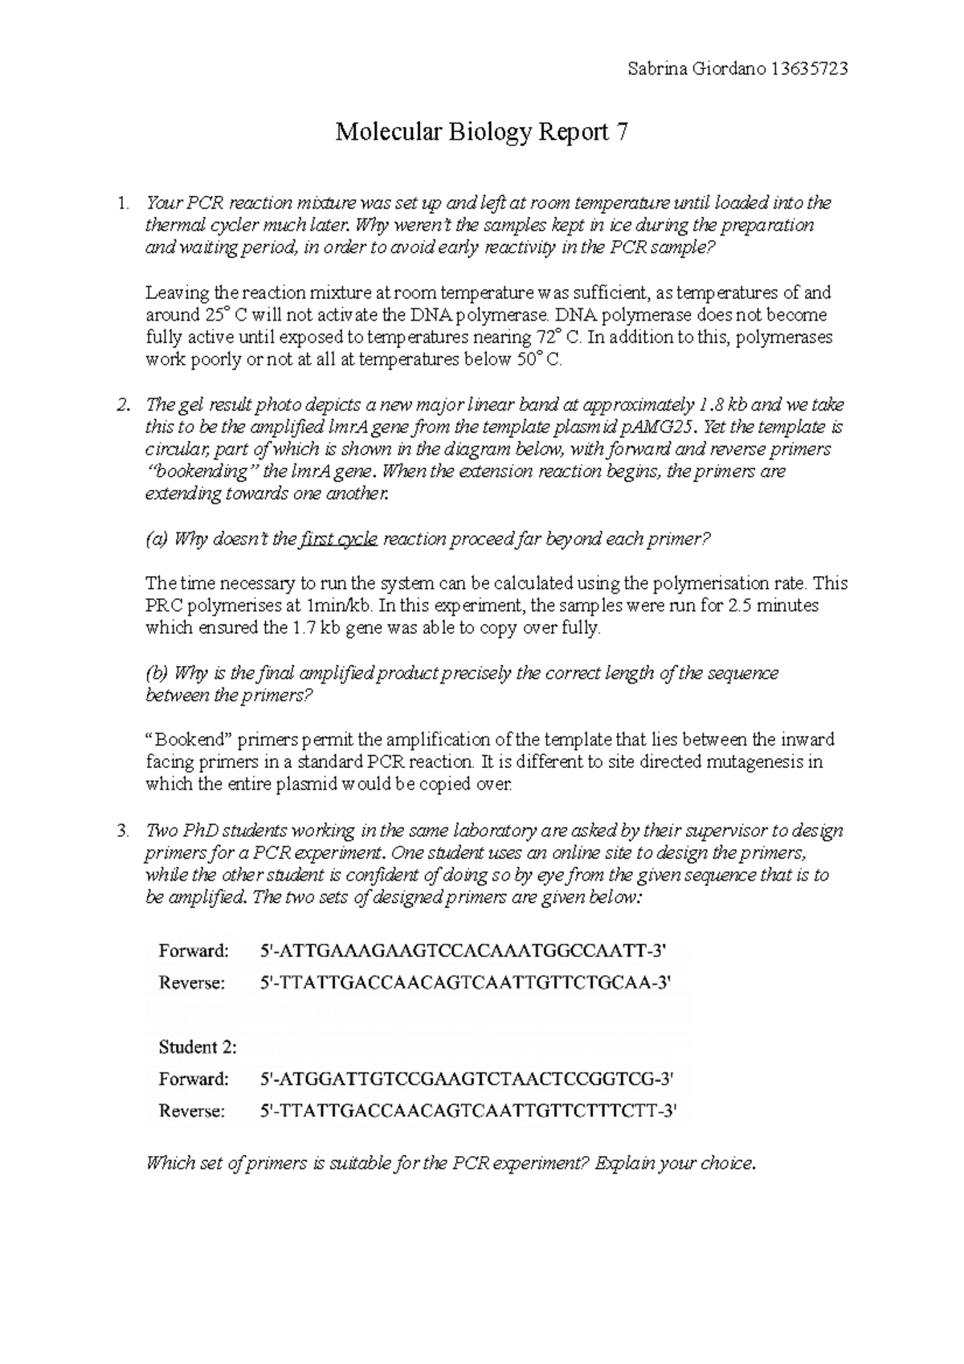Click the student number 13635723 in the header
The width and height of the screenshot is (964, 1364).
pyautogui.click(x=808, y=69)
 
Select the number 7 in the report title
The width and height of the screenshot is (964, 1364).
pyautogui.click(x=621, y=132)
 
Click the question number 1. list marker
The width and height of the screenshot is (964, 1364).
pyautogui.click(x=121, y=202)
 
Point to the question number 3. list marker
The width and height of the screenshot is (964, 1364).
pyautogui.click(x=121, y=831)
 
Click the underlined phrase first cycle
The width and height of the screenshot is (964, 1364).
pyautogui.click(x=337, y=539)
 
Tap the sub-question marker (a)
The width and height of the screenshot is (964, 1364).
pyautogui.click(x=156, y=539)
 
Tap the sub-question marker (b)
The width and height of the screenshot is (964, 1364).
pyautogui.click(x=156, y=673)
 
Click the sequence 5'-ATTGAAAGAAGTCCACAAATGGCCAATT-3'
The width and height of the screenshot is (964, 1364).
pyautogui.click(x=464, y=951)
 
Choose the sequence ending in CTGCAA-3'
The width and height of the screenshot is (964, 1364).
pyautogui.click(x=465, y=982)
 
